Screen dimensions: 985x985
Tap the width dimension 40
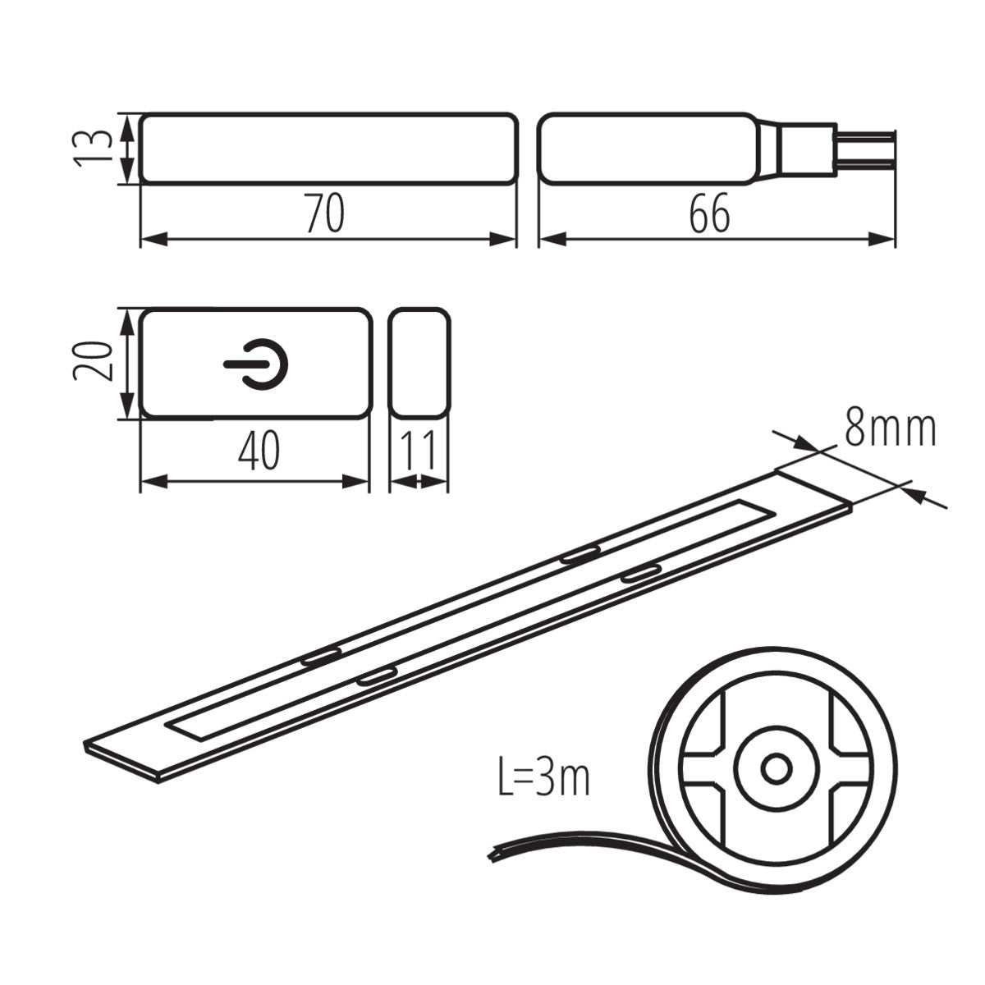click(259, 451)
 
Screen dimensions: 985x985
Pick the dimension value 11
click(419, 451)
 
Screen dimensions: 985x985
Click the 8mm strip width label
click(890, 429)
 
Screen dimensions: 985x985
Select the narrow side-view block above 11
click(419, 362)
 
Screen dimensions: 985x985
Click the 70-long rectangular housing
click(328, 149)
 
